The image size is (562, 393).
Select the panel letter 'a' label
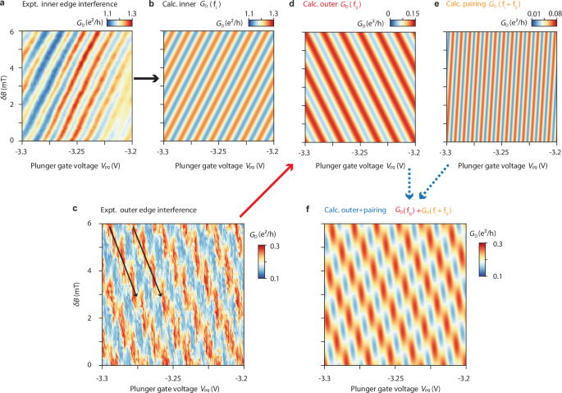(2, 6)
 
